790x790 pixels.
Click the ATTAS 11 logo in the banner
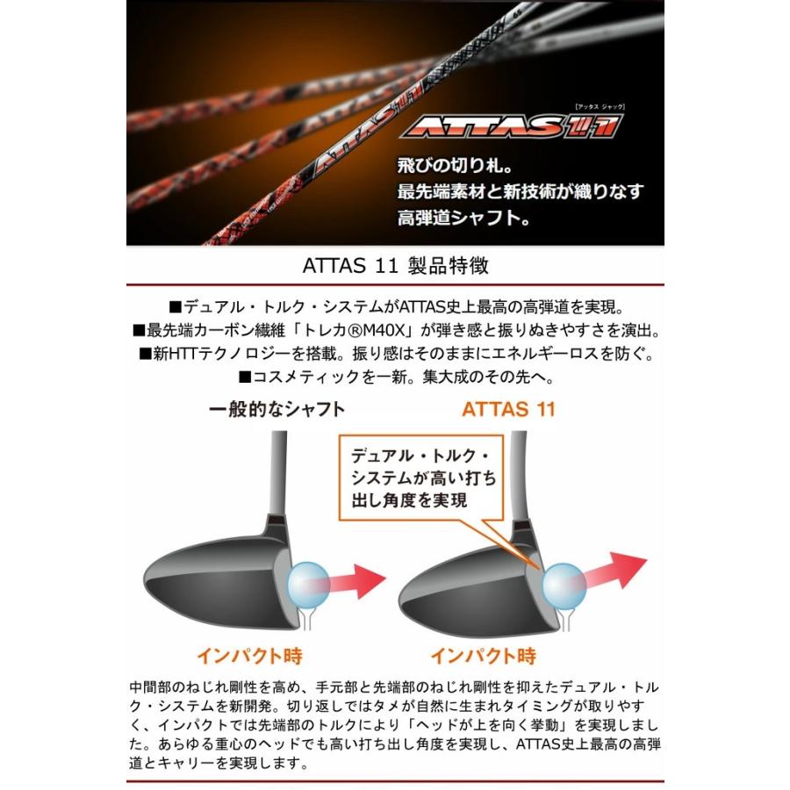pos(512,126)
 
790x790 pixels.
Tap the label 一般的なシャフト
pos(277,409)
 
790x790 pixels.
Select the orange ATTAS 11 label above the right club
pos(509,409)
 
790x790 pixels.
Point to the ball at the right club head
pos(561,583)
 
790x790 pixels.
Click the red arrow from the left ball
pos(356,580)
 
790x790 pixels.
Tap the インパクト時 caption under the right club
pos(483,656)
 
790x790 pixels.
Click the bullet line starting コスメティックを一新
pos(395,377)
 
